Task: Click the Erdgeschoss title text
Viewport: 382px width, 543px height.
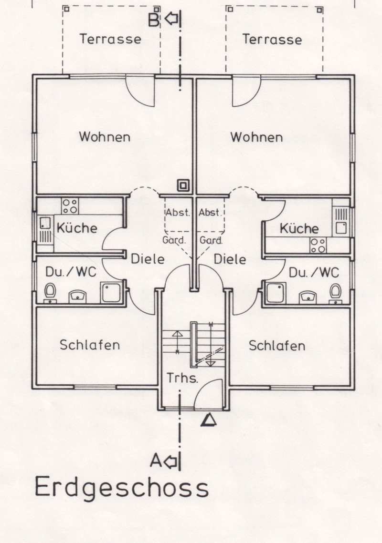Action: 121,488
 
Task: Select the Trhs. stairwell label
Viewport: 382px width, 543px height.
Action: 182,378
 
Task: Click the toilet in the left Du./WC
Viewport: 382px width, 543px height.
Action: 50,293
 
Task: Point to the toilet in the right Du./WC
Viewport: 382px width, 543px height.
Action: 335,293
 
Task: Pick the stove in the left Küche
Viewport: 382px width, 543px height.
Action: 70,206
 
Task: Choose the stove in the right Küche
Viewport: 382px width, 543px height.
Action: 318,245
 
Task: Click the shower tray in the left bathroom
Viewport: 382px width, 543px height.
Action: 111,293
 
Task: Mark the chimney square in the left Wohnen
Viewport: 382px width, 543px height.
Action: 183,185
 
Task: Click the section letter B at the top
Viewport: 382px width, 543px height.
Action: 154,20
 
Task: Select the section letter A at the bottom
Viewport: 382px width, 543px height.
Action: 156,461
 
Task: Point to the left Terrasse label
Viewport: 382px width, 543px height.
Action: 110,39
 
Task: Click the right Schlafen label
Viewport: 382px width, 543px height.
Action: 277,346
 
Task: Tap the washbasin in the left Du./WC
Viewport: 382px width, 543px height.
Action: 77,297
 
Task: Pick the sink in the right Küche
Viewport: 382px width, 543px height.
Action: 341,222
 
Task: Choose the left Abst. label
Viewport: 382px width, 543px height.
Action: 178,212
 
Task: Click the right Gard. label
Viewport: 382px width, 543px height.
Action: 211,240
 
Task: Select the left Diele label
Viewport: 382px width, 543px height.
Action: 148,259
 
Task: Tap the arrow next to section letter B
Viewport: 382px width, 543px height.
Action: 171,18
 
